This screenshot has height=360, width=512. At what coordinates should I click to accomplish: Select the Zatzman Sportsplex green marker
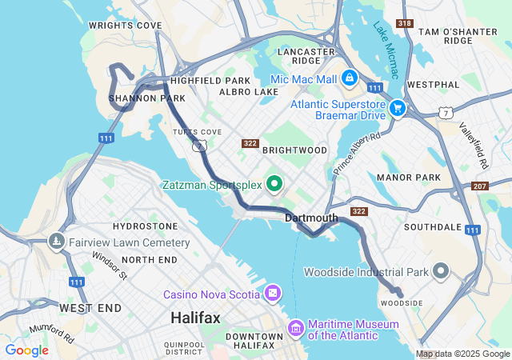coord(275,185)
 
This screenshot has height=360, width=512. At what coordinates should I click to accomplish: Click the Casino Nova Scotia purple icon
coord(274,294)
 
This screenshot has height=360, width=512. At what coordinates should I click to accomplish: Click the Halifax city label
coord(195,318)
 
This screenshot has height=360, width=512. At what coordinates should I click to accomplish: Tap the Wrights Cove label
coord(126,26)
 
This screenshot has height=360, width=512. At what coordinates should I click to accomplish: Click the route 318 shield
coord(405,24)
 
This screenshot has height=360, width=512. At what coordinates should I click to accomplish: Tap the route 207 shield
coord(480,186)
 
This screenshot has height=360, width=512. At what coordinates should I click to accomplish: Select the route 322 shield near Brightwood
coord(250,143)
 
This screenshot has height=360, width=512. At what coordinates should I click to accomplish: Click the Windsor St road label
coord(109,266)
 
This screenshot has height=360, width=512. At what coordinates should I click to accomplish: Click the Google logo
coord(26,350)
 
